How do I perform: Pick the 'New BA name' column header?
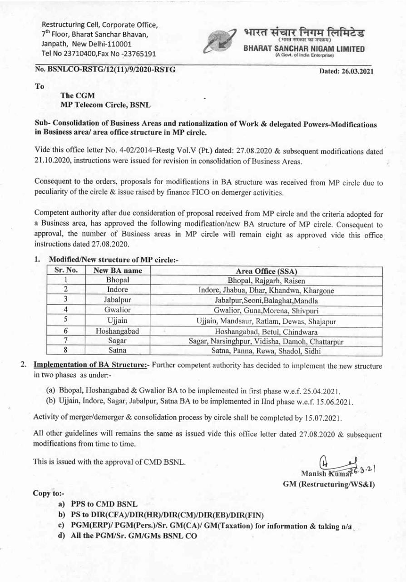118,270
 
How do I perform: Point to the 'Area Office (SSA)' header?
266,271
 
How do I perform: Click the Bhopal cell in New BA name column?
118,280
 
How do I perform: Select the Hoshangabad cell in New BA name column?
118,331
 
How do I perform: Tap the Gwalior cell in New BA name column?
118,310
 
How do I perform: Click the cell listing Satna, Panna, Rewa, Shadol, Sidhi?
266,351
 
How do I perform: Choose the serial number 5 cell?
66,321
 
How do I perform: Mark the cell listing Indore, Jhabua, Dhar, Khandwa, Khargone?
266,290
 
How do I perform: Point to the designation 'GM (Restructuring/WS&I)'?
329,485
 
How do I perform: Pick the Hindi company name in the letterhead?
304,33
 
